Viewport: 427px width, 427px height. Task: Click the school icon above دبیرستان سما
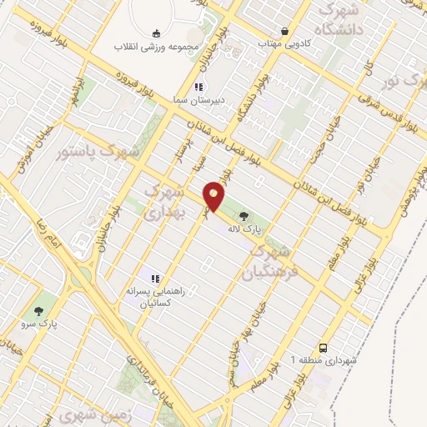click(x=198, y=87)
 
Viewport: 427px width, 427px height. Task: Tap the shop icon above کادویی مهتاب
click(x=286, y=31)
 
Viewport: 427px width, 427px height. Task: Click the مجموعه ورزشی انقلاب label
click(x=157, y=46)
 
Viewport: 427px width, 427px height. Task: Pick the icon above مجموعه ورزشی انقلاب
click(x=157, y=33)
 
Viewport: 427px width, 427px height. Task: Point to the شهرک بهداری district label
click(x=163, y=203)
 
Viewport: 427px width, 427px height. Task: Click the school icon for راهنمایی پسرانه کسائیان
click(x=153, y=278)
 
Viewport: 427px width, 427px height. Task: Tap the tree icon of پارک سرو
click(x=36, y=298)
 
